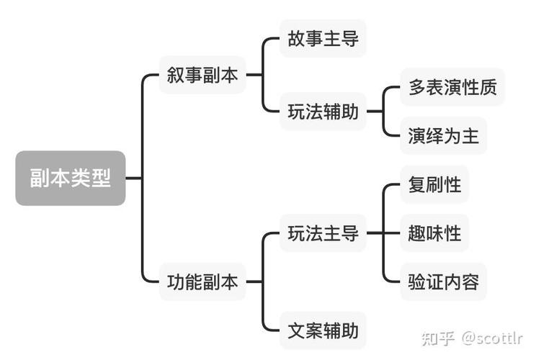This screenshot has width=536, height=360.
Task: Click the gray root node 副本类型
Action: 71,178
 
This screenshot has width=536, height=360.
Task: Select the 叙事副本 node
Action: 202,76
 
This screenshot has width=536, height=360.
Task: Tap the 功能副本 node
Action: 202,282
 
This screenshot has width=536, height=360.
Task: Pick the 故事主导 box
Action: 323,38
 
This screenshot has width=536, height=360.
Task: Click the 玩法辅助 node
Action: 323,112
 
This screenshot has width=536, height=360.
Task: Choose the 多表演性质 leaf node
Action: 452,87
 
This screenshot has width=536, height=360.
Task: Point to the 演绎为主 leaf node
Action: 443,135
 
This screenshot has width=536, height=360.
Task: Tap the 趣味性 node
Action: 434,233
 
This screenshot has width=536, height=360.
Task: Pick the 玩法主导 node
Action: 323,233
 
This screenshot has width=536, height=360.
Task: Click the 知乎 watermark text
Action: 437,338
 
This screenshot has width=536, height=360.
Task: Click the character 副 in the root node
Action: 40,178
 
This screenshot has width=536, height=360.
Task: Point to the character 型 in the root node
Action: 102,178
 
